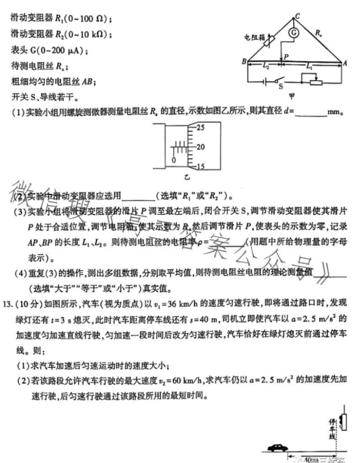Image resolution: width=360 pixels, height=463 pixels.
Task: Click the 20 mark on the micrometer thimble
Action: tap(201, 147)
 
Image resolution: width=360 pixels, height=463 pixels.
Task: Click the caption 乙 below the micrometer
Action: tap(186, 178)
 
